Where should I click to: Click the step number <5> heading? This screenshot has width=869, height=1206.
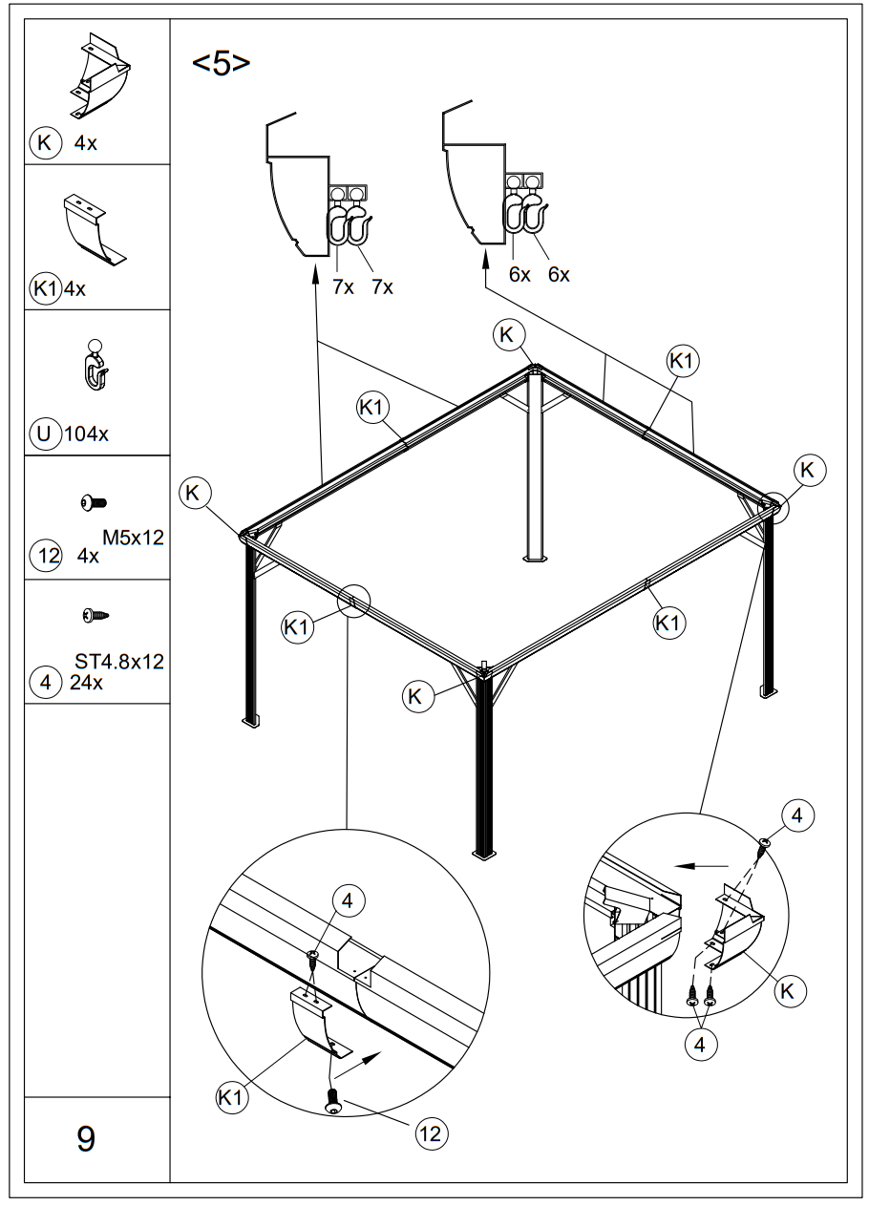[x=222, y=64]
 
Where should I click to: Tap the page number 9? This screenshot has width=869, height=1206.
[x=86, y=1138]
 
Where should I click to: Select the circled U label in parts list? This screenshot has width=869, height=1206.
[x=44, y=433]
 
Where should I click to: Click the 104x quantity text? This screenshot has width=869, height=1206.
[x=87, y=434]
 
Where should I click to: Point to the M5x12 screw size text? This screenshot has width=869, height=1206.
[x=133, y=538]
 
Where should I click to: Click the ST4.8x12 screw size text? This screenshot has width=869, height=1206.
[x=119, y=662]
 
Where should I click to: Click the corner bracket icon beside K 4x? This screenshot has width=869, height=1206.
[x=98, y=74]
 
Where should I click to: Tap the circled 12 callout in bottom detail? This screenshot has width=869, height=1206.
[x=431, y=1132]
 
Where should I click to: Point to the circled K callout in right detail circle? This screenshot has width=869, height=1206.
[x=787, y=990]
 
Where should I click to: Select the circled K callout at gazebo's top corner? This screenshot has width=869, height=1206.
[x=508, y=334]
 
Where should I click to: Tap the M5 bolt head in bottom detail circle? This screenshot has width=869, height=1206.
[x=332, y=1101]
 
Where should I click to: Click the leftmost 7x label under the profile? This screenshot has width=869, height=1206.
[x=343, y=286]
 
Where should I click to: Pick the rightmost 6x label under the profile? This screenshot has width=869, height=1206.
[x=559, y=275]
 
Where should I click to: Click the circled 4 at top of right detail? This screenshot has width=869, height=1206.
[x=797, y=816]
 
